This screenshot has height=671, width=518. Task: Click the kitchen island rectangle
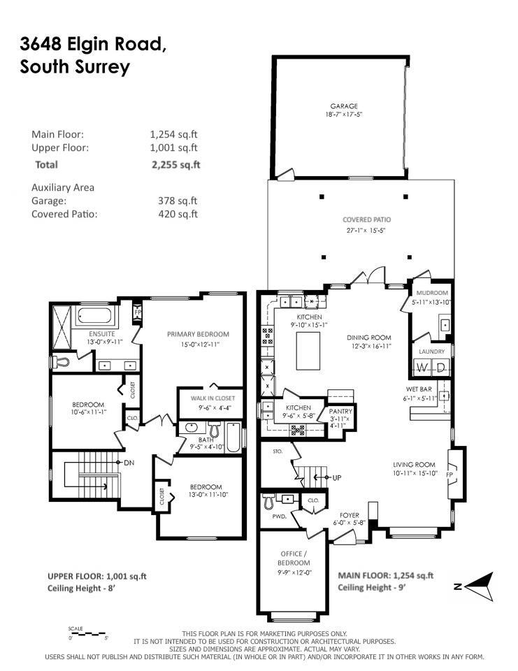click(x=309, y=351)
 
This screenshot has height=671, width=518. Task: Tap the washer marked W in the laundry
click(x=422, y=368)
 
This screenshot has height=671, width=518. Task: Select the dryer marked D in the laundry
click(x=440, y=368)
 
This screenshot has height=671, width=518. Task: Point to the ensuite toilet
click(x=60, y=362)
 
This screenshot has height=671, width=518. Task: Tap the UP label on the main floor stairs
click(x=336, y=478)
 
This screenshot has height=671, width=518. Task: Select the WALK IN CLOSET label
click(x=208, y=398)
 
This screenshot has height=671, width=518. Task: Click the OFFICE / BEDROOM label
click(x=294, y=557)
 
